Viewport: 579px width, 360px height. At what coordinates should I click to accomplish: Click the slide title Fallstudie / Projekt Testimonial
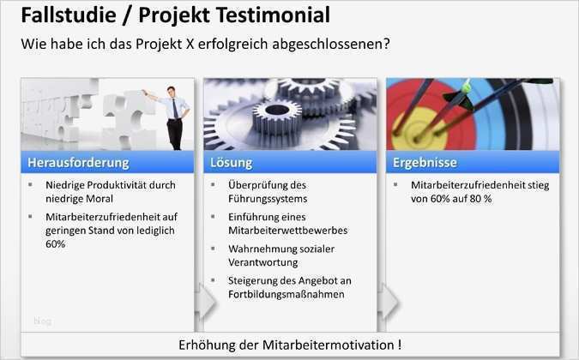click(175, 15)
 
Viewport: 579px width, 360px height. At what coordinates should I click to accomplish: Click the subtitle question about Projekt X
click(205, 43)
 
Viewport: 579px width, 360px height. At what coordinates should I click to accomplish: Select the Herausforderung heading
click(78, 162)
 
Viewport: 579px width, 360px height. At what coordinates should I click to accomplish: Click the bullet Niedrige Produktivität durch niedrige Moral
click(110, 191)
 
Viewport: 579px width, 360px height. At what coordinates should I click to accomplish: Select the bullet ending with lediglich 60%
click(111, 231)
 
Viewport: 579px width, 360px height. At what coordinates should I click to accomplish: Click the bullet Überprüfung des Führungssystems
click(267, 191)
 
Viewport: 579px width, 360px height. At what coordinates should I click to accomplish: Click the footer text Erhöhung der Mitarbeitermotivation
click(289, 345)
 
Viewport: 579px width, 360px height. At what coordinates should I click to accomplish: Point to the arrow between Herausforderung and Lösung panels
click(201, 301)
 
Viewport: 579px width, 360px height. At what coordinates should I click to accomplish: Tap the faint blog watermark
click(42, 321)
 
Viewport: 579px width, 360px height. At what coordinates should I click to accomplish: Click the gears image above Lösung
click(289, 114)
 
